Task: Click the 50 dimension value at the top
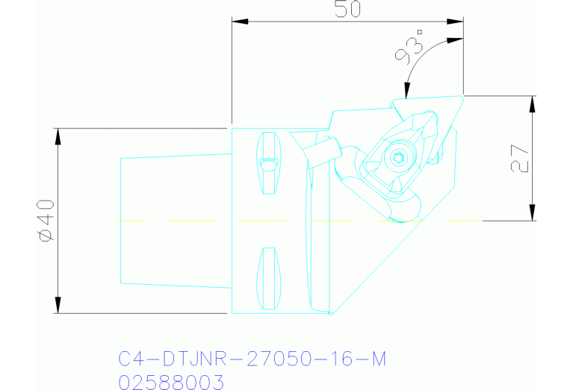pyautogui.click(x=347, y=10)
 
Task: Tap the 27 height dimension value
pyautogui.click(x=521, y=158)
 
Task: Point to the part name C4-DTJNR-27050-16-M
pyautogui.click(x=253, y=359)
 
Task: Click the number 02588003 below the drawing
pyautogui.click(x=171, y=382)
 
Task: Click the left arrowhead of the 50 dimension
pyautogui.click(x=238, y=22)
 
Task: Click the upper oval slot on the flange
pyautogui.click(x=269, y=163)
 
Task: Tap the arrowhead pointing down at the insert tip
pyautogui.click(x=406, y=92)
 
